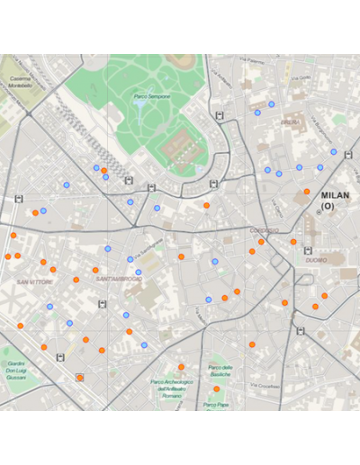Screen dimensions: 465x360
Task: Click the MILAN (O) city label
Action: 335,200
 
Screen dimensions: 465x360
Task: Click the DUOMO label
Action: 316,260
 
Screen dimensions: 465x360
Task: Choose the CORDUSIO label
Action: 264,231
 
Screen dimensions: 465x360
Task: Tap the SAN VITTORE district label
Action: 34,282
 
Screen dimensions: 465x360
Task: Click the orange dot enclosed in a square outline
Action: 80,379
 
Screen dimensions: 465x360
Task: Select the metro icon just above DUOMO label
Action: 308,251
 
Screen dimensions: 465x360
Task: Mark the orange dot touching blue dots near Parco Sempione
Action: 104,171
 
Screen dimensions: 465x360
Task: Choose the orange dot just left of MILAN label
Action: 307,192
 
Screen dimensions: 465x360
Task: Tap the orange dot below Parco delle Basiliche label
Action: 216,389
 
